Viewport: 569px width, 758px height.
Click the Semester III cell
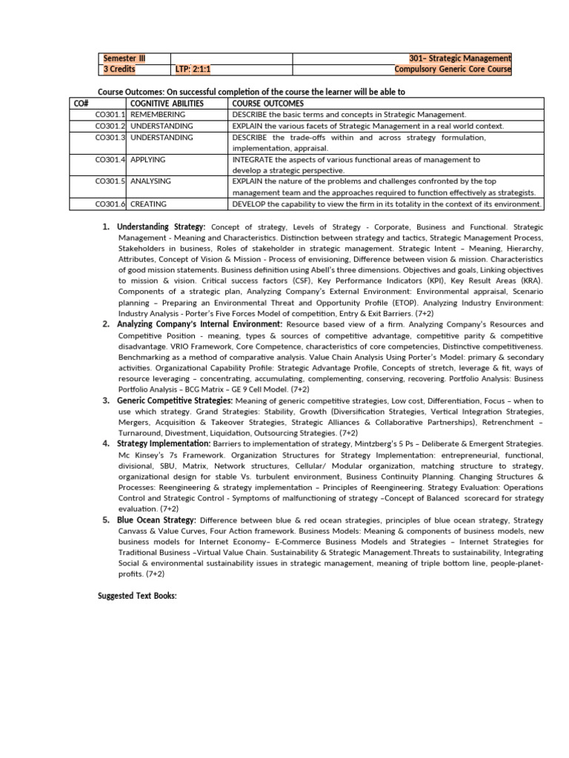point(119,58)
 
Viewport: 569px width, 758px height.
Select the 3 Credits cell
point(119,70)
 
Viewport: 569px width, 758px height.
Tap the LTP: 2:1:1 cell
point(193,70)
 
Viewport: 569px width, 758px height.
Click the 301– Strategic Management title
point(459,58)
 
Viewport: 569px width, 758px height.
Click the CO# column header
point(81,104)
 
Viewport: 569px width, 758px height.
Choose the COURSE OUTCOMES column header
point(267,104)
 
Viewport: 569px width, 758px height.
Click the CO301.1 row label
point(110,115)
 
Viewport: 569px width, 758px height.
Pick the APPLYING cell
point(148,159)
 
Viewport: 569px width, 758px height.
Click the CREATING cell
point(148,204)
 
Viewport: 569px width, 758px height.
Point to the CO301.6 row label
point(110,204)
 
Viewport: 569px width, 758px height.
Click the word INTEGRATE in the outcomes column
point(253,159)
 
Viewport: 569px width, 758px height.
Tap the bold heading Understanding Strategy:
point(162,227)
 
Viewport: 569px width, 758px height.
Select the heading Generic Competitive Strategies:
point(175,400)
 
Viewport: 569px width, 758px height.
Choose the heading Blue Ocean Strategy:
point(157,520)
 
